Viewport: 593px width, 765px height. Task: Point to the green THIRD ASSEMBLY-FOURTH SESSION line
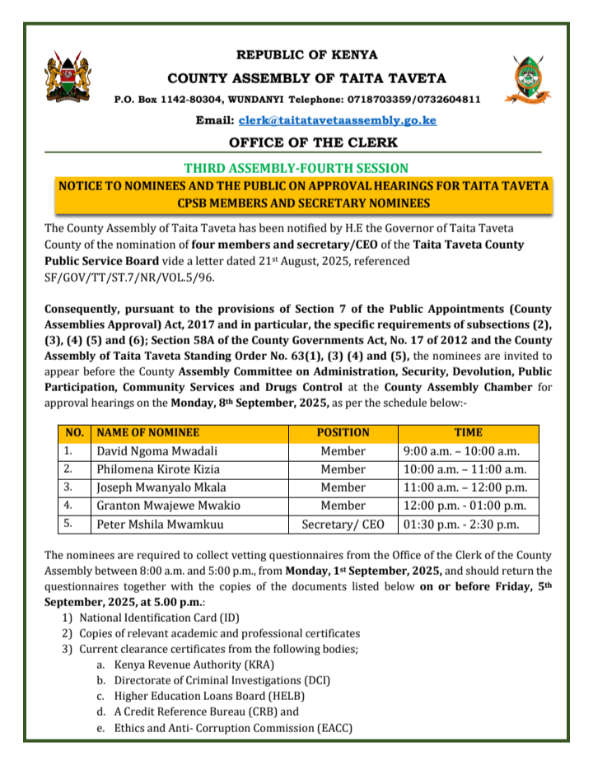click(x=296, y=167)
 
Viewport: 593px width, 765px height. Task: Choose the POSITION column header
click(x=343, y=432)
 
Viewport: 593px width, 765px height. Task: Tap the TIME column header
click(x=468, y=432)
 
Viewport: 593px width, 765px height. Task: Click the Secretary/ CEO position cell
click(x=343, y=525)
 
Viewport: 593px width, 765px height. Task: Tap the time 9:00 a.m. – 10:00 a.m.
click(x=461, y=451)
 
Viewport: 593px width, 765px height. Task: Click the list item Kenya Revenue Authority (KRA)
click(x=194, y=665)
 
